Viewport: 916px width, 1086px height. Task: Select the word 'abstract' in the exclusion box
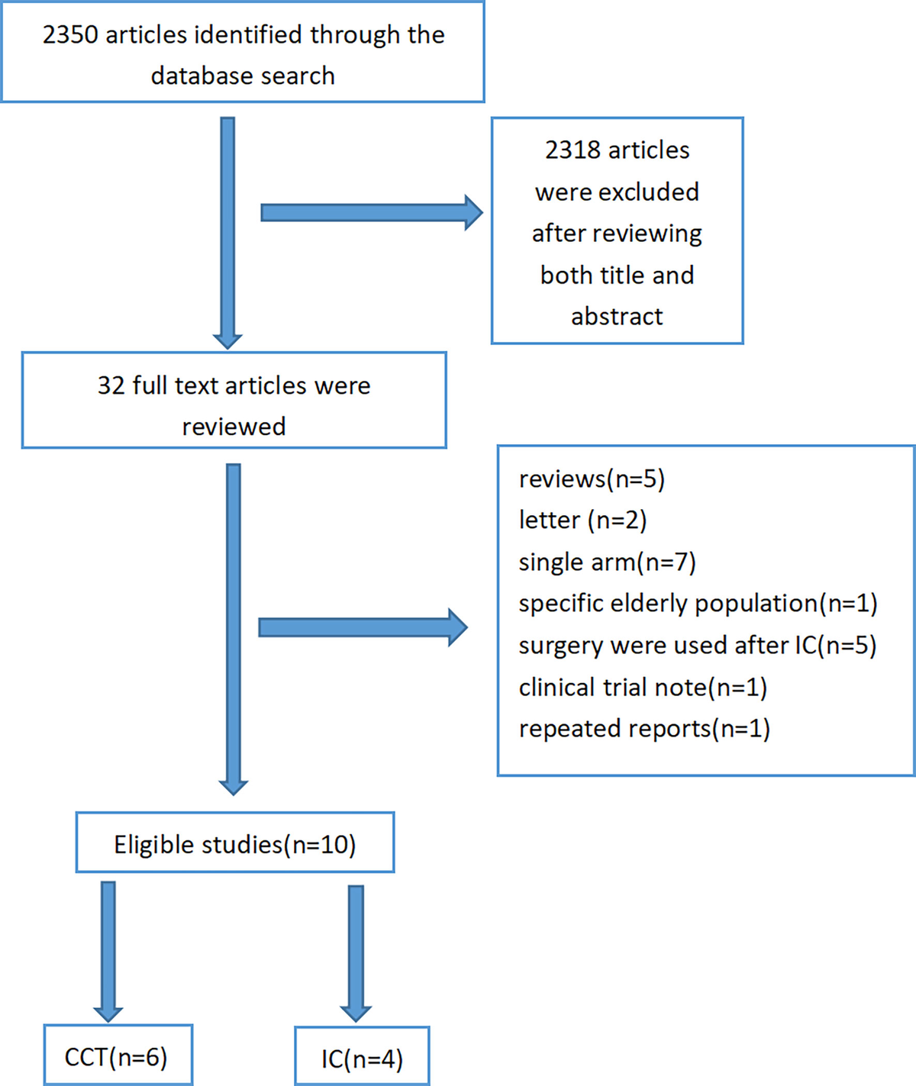click(x=617, y=316)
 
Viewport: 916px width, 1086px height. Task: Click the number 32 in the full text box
click(x=111, y=385)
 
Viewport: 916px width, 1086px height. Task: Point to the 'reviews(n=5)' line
click(x=592, y=479)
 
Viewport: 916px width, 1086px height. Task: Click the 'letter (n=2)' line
click(x=582, y=520)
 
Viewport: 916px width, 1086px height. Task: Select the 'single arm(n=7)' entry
click(x=607, y=562)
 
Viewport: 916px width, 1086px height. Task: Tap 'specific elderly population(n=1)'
click(x=698, y=604)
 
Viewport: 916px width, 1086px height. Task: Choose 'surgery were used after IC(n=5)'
click(x=697, y=646)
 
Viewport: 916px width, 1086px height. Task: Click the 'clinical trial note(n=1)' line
click(x=643, y=688)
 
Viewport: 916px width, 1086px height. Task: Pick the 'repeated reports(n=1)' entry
click(x=644, y=729)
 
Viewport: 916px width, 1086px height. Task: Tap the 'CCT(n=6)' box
click(x=117, y=1057)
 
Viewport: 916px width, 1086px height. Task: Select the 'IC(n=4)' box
click(x=362, y=1059)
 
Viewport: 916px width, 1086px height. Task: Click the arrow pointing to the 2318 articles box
click(x=371, y=212)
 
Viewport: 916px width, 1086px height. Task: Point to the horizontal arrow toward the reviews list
click(x=363, y=627)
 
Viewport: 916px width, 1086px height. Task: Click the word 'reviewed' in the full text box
click(x=234, y=427)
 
